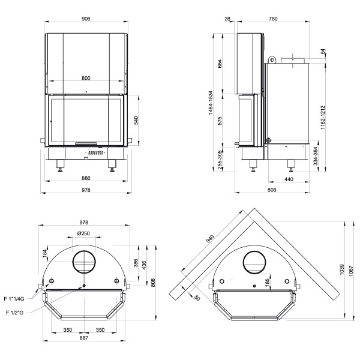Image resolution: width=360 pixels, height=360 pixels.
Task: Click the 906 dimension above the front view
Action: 86,19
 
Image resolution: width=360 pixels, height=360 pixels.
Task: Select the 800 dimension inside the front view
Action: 86,78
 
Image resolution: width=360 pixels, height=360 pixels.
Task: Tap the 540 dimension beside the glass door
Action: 136,121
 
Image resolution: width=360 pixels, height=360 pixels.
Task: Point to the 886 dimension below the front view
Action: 86,178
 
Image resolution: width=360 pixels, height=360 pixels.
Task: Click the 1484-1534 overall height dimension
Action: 211,103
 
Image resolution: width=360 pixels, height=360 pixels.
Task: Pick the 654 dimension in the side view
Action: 220,64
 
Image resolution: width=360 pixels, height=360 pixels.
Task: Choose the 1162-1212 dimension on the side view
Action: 323,118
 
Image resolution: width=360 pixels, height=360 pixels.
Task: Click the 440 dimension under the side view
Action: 289,179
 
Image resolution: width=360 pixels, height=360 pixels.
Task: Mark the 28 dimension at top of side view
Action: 227,19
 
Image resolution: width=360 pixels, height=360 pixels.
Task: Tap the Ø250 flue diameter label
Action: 83,233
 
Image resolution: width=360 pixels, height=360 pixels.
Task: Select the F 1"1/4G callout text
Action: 14,299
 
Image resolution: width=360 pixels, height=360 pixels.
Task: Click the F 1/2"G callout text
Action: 14,313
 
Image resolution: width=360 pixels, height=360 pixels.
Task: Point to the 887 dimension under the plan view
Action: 84,338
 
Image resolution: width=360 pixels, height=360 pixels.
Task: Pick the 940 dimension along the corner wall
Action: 210,239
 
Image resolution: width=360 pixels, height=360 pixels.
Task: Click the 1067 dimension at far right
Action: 351,271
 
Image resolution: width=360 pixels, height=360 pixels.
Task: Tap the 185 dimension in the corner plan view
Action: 267,281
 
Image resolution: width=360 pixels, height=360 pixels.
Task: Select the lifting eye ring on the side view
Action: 272,59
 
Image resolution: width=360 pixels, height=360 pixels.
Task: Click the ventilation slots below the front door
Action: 95,152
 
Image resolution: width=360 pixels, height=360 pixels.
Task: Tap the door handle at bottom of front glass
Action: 86,144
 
